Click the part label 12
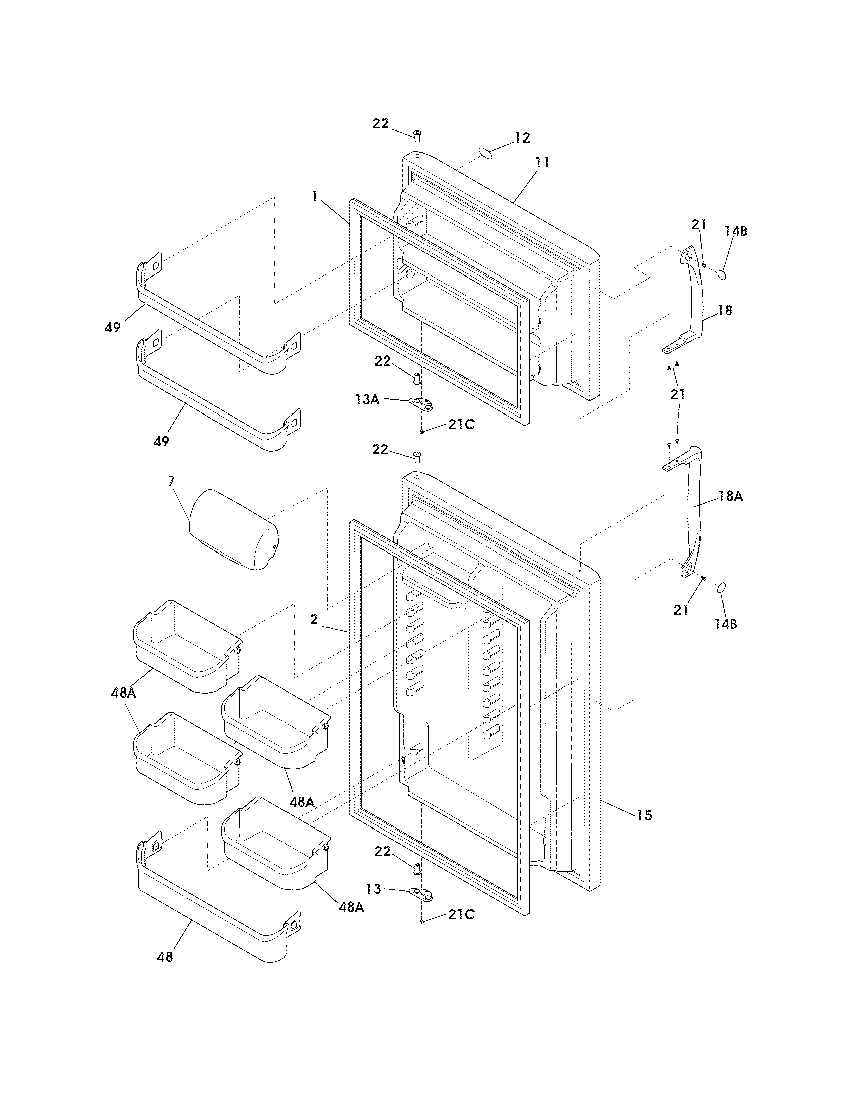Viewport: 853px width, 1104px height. (x=522, y=137)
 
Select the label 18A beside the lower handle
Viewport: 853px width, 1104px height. (x=730, y=496)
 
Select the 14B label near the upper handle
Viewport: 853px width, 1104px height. (x=735, y=231)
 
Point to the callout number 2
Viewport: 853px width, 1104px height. (x=314, y=620)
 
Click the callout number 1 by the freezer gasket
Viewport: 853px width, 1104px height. (x=315, y=196)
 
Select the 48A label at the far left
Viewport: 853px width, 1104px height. (x=124, y=693)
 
